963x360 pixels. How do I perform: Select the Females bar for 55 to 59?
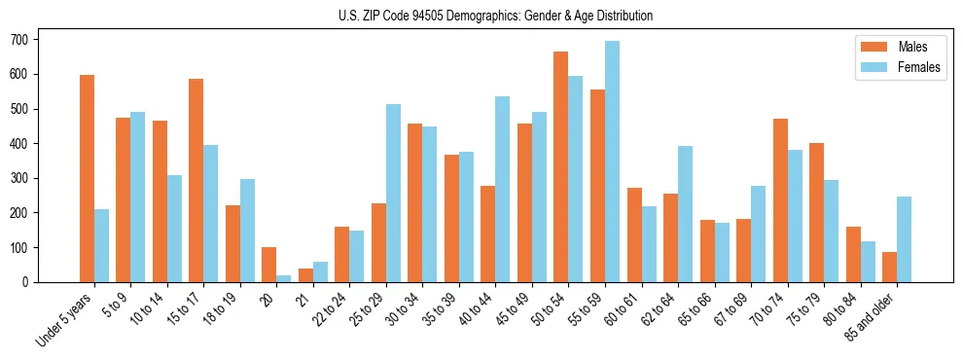pyautogui.click(x=612, y=162)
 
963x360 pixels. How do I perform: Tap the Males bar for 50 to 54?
pyautogui.click(x=560, y=166)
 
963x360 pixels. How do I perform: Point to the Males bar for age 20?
pyautogui.click(x=268, y=265)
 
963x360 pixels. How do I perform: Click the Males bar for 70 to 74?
pyautogui.click(x=779, y=200)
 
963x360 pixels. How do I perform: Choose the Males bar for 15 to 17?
pyautogui.click(x=196, y=180)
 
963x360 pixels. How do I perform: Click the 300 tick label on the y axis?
pyautogui.click(x=23, y=178)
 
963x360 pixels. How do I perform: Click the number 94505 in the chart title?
pyautogui.click(x=426, y=16)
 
